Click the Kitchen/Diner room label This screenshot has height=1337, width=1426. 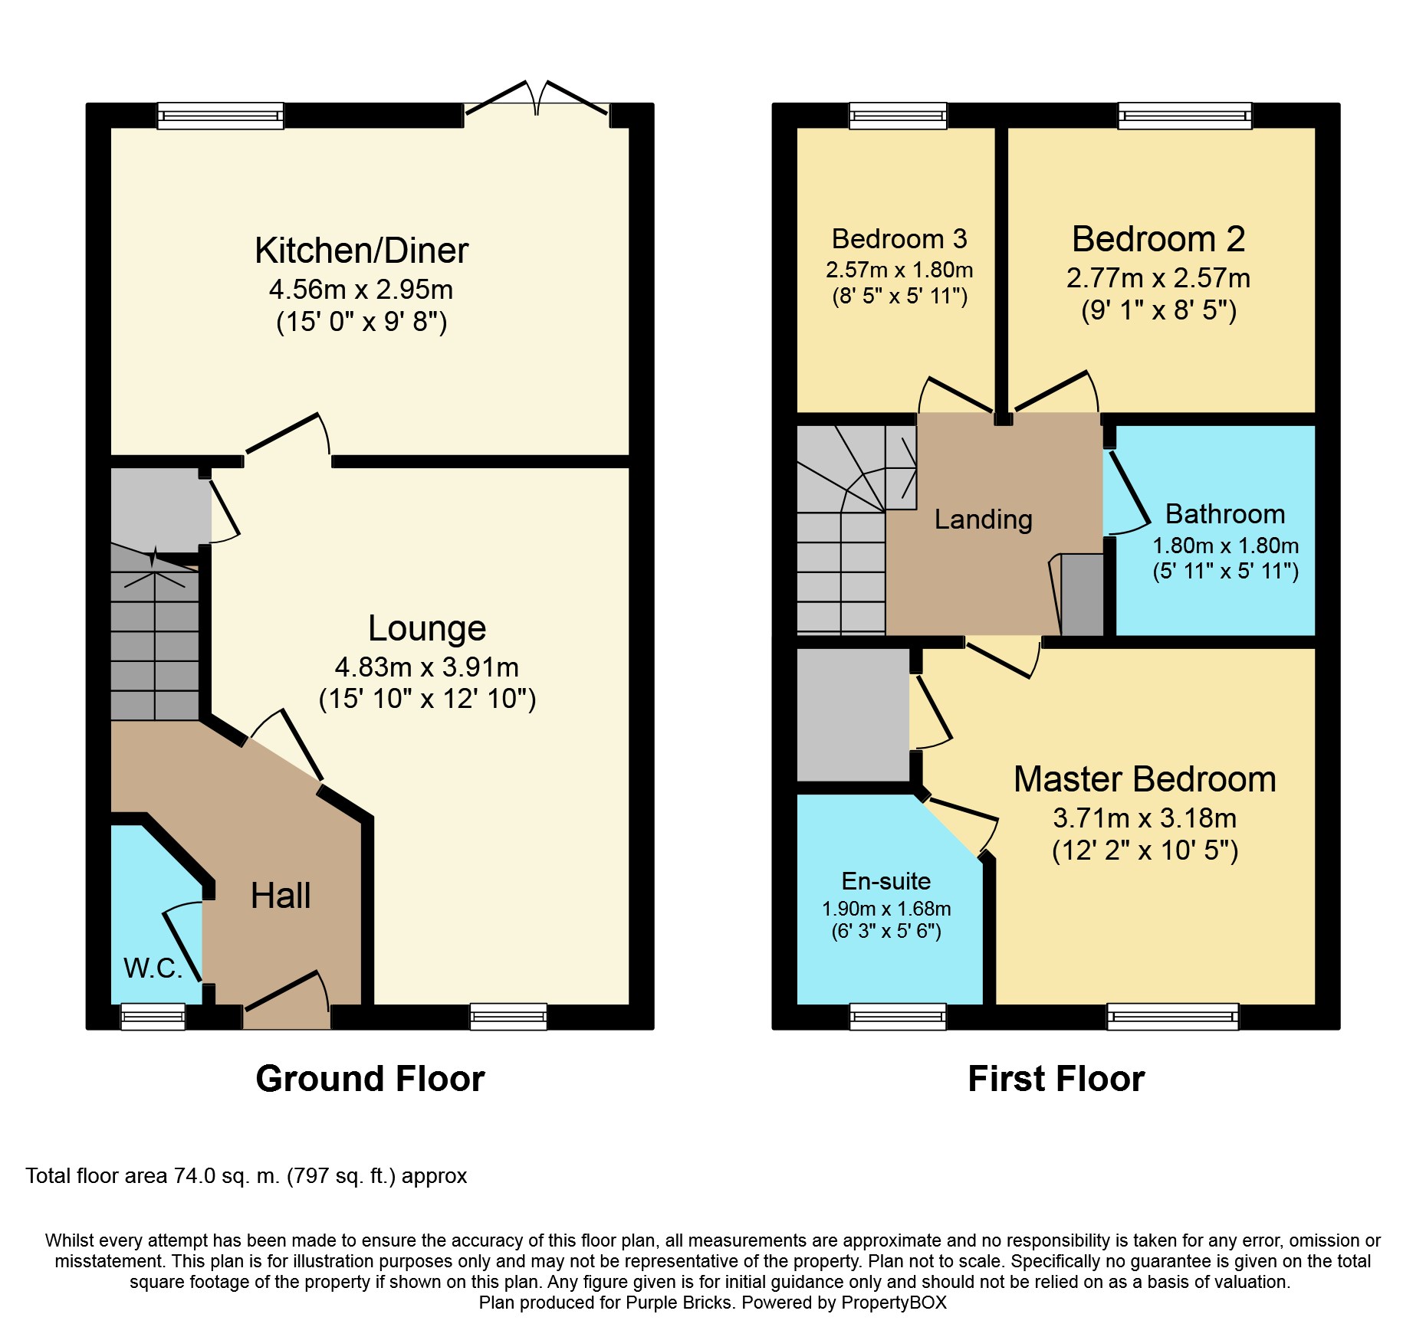point(361,251)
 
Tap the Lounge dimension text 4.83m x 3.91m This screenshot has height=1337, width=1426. point(427,667)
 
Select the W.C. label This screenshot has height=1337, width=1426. point(153,968)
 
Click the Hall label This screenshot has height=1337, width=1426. point(281,896)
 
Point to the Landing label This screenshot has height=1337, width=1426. point(984,519)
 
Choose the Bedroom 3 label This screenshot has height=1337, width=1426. point(899,239)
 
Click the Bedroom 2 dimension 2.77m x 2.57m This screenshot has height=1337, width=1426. point(1158,278)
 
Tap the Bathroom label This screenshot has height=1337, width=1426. point(1225,513)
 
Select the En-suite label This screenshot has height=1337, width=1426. point(886,881)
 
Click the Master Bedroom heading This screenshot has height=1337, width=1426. point(1145,779)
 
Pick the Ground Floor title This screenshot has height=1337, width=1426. point(370,1079)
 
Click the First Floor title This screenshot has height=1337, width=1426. point(1056,1079)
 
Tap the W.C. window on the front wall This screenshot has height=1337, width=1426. point(153,1017)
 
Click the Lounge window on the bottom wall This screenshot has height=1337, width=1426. point(509,1017)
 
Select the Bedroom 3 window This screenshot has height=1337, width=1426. point(898,116)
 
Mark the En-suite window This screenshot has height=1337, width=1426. point(898,1017)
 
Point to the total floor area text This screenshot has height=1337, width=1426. point(246,1176)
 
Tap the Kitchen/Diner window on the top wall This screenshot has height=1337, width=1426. point(221,116)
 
